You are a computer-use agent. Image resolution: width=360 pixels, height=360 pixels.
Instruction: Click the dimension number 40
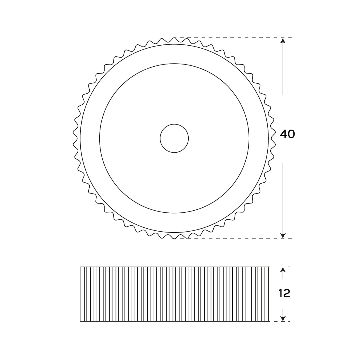coord(287,134)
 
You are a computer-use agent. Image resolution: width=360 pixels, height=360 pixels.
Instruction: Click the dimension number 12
coord(284,293)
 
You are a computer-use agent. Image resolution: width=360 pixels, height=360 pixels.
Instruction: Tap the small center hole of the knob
coord(174,138)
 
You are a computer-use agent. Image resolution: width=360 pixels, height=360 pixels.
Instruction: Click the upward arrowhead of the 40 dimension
coord(283,40)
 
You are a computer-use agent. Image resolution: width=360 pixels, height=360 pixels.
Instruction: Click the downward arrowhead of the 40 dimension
coord(283,235)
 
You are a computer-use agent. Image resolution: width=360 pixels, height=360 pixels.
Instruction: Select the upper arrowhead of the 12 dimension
coord(283,270)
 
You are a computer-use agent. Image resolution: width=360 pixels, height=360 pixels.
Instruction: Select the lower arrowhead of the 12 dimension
coord(283,319)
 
